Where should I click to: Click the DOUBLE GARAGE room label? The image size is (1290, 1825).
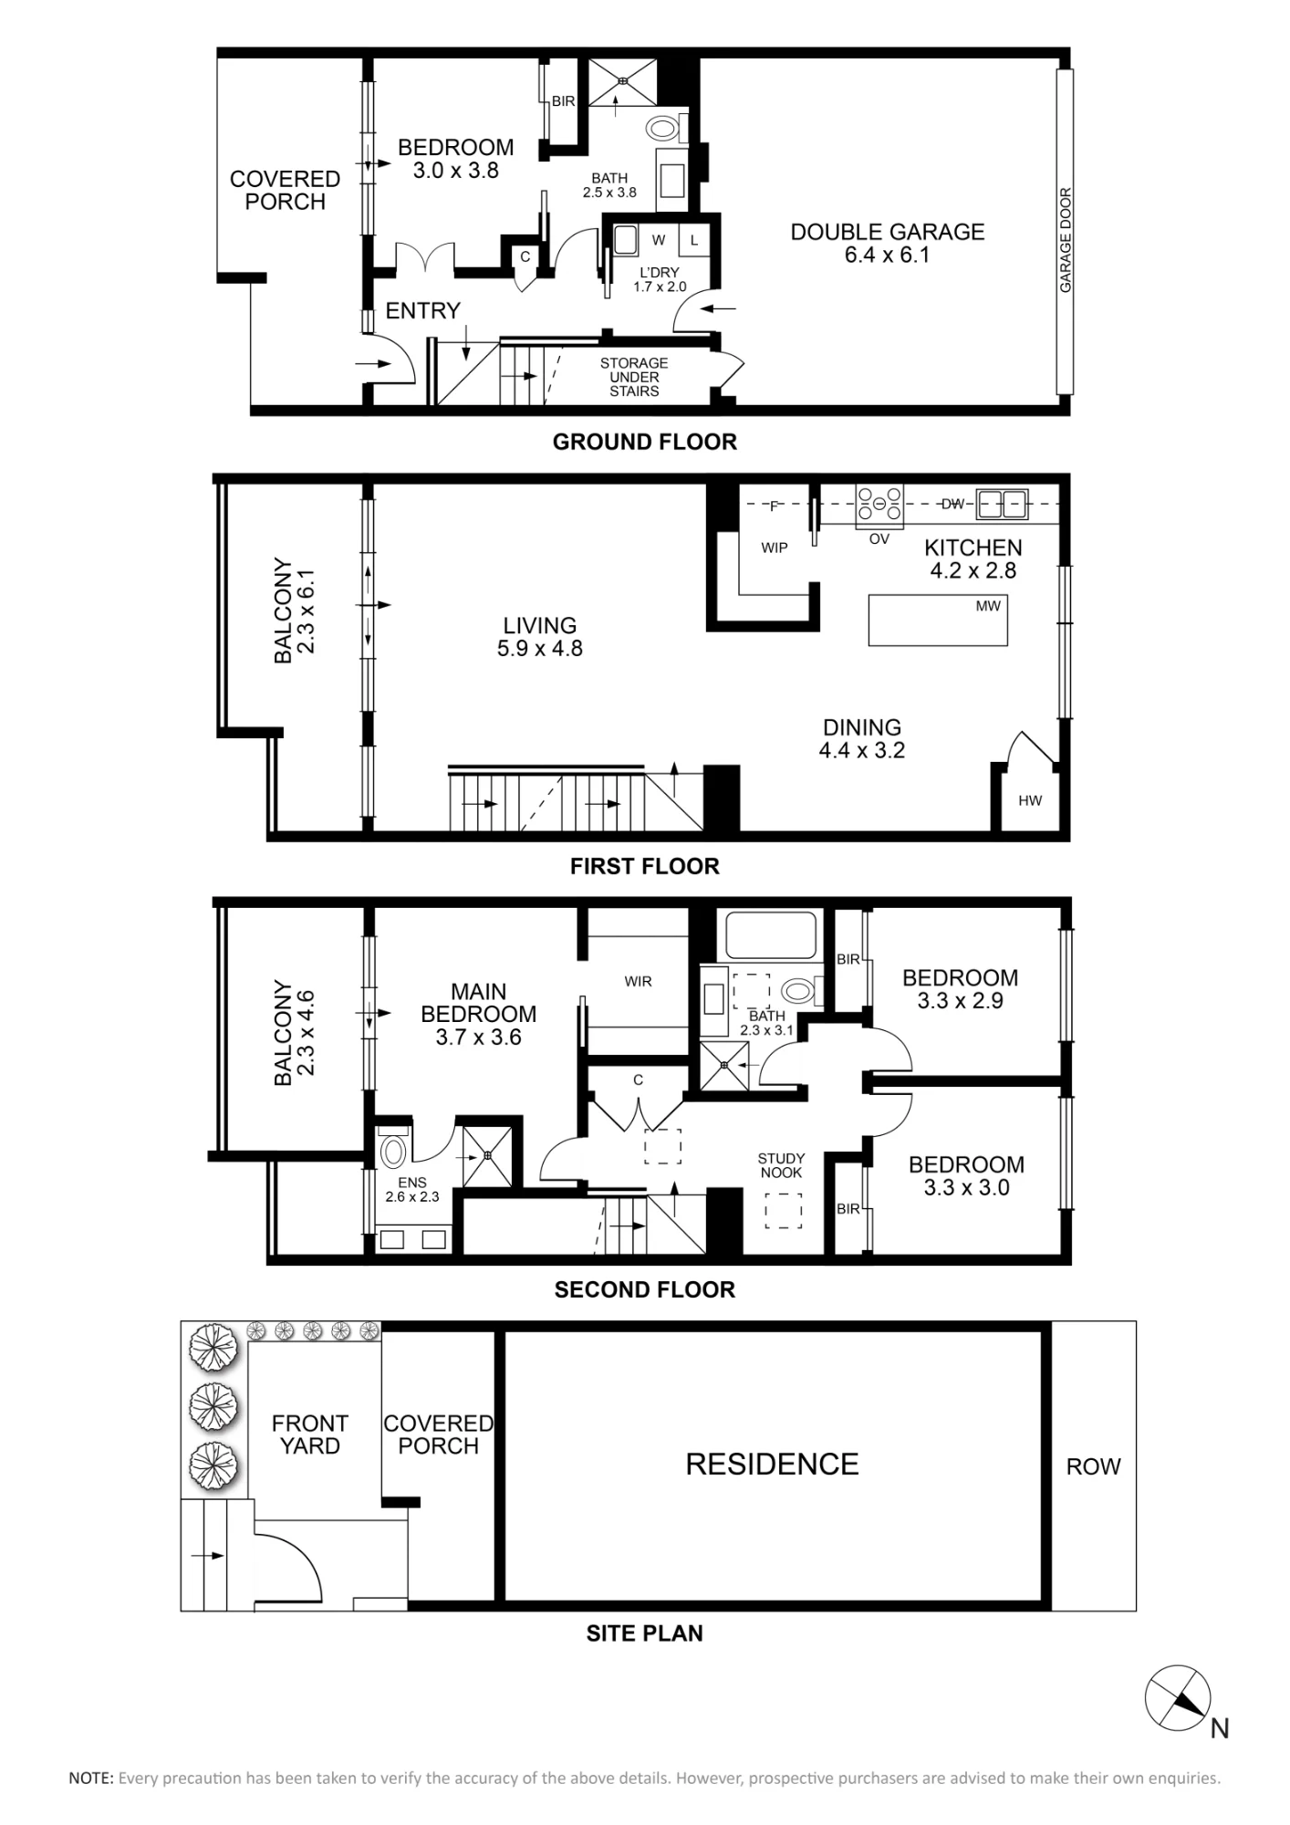point(887,243)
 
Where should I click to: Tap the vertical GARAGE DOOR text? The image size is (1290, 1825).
point(1066,240)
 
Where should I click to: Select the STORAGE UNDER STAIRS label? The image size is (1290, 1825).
point(634,377)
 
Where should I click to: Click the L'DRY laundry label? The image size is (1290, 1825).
point(659,279)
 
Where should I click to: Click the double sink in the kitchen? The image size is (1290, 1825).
point(1002,503)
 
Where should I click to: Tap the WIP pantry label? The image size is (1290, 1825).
point(775,547)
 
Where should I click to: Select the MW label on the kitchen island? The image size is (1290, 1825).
point(988,606)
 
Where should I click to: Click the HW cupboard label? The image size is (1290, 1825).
point(1030,801)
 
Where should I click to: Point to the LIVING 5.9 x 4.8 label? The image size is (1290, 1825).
point(540,637)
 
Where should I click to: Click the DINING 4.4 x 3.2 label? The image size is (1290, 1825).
point(862,739)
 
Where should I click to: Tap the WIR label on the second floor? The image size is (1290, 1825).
point(639,982)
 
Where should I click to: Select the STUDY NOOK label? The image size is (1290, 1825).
point(781,1166)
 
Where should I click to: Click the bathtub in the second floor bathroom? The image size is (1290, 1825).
point(771,934)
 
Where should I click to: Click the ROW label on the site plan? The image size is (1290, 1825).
point(1093,1466)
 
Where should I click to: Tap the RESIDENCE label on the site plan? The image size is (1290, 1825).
point(772,1465)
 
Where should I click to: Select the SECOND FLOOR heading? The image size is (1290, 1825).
point(645,1289)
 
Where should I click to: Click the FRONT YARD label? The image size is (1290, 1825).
point(310,1434)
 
